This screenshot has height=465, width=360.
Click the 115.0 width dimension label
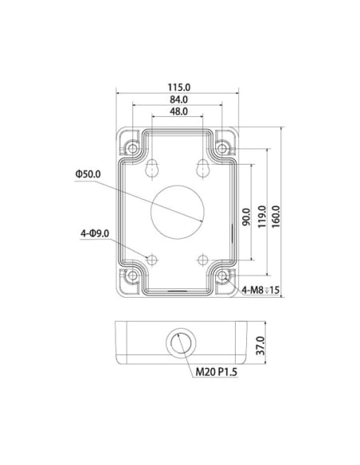(x=179, y=87)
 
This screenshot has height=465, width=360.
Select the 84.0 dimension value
(x=179, y=100)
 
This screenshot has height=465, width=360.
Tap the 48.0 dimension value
(x=179, y=111)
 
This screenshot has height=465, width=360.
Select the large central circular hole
(x=178, y=212)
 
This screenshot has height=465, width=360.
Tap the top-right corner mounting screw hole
(x=225, y=147)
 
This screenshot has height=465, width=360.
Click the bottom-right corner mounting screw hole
(x=225, y=276)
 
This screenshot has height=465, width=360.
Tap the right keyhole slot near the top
(x=204, y=166)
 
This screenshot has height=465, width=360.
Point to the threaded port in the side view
(x=178, y=344)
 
